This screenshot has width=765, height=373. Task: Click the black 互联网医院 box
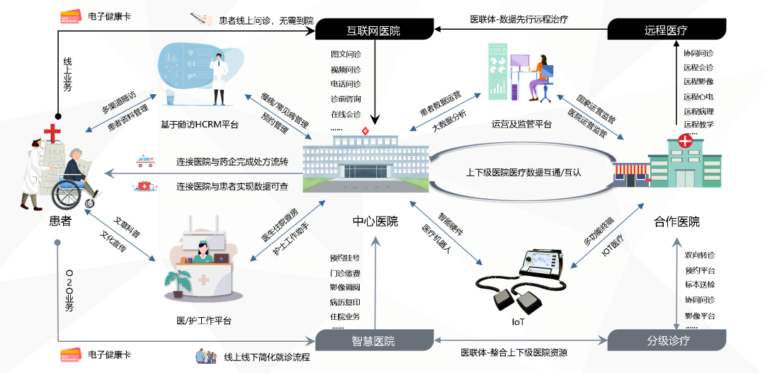pyautogui.click(x=373, y=30)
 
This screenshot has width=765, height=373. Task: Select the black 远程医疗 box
pyautogui.click(x=666, y=30)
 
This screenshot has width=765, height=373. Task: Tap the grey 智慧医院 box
pyautogui.click(x=373, y=340)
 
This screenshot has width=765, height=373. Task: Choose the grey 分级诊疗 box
pyautogui.click(x=668, y=340)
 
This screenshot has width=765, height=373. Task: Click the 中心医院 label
pyautogui.click(x=375, y=221)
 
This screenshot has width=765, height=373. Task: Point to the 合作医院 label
pyautogui.click(x=676, y=222)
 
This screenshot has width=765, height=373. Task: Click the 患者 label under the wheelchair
pyautogui.click(x=60, y=221)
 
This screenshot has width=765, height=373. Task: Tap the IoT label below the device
pyautogui.click(x=518, y=323)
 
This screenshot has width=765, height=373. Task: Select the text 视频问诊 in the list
pyautogui.click(x=346, y=69)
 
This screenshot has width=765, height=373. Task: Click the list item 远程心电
pyautogui.click(x=698, y=96)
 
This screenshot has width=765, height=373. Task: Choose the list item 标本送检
pyautogui.click(x=699, y=285)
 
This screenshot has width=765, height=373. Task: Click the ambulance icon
pyautogui.click(x=145, y=161)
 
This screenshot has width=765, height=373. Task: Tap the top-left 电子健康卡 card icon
pyautogui.click(x=71, y=18)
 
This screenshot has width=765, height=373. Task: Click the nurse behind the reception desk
pyautogui.click(x=203, y=250)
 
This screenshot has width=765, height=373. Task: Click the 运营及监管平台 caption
pyautogui.click(x=521, y=125)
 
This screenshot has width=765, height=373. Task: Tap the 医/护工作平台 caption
pyautogui.click(x=203, y=321)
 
